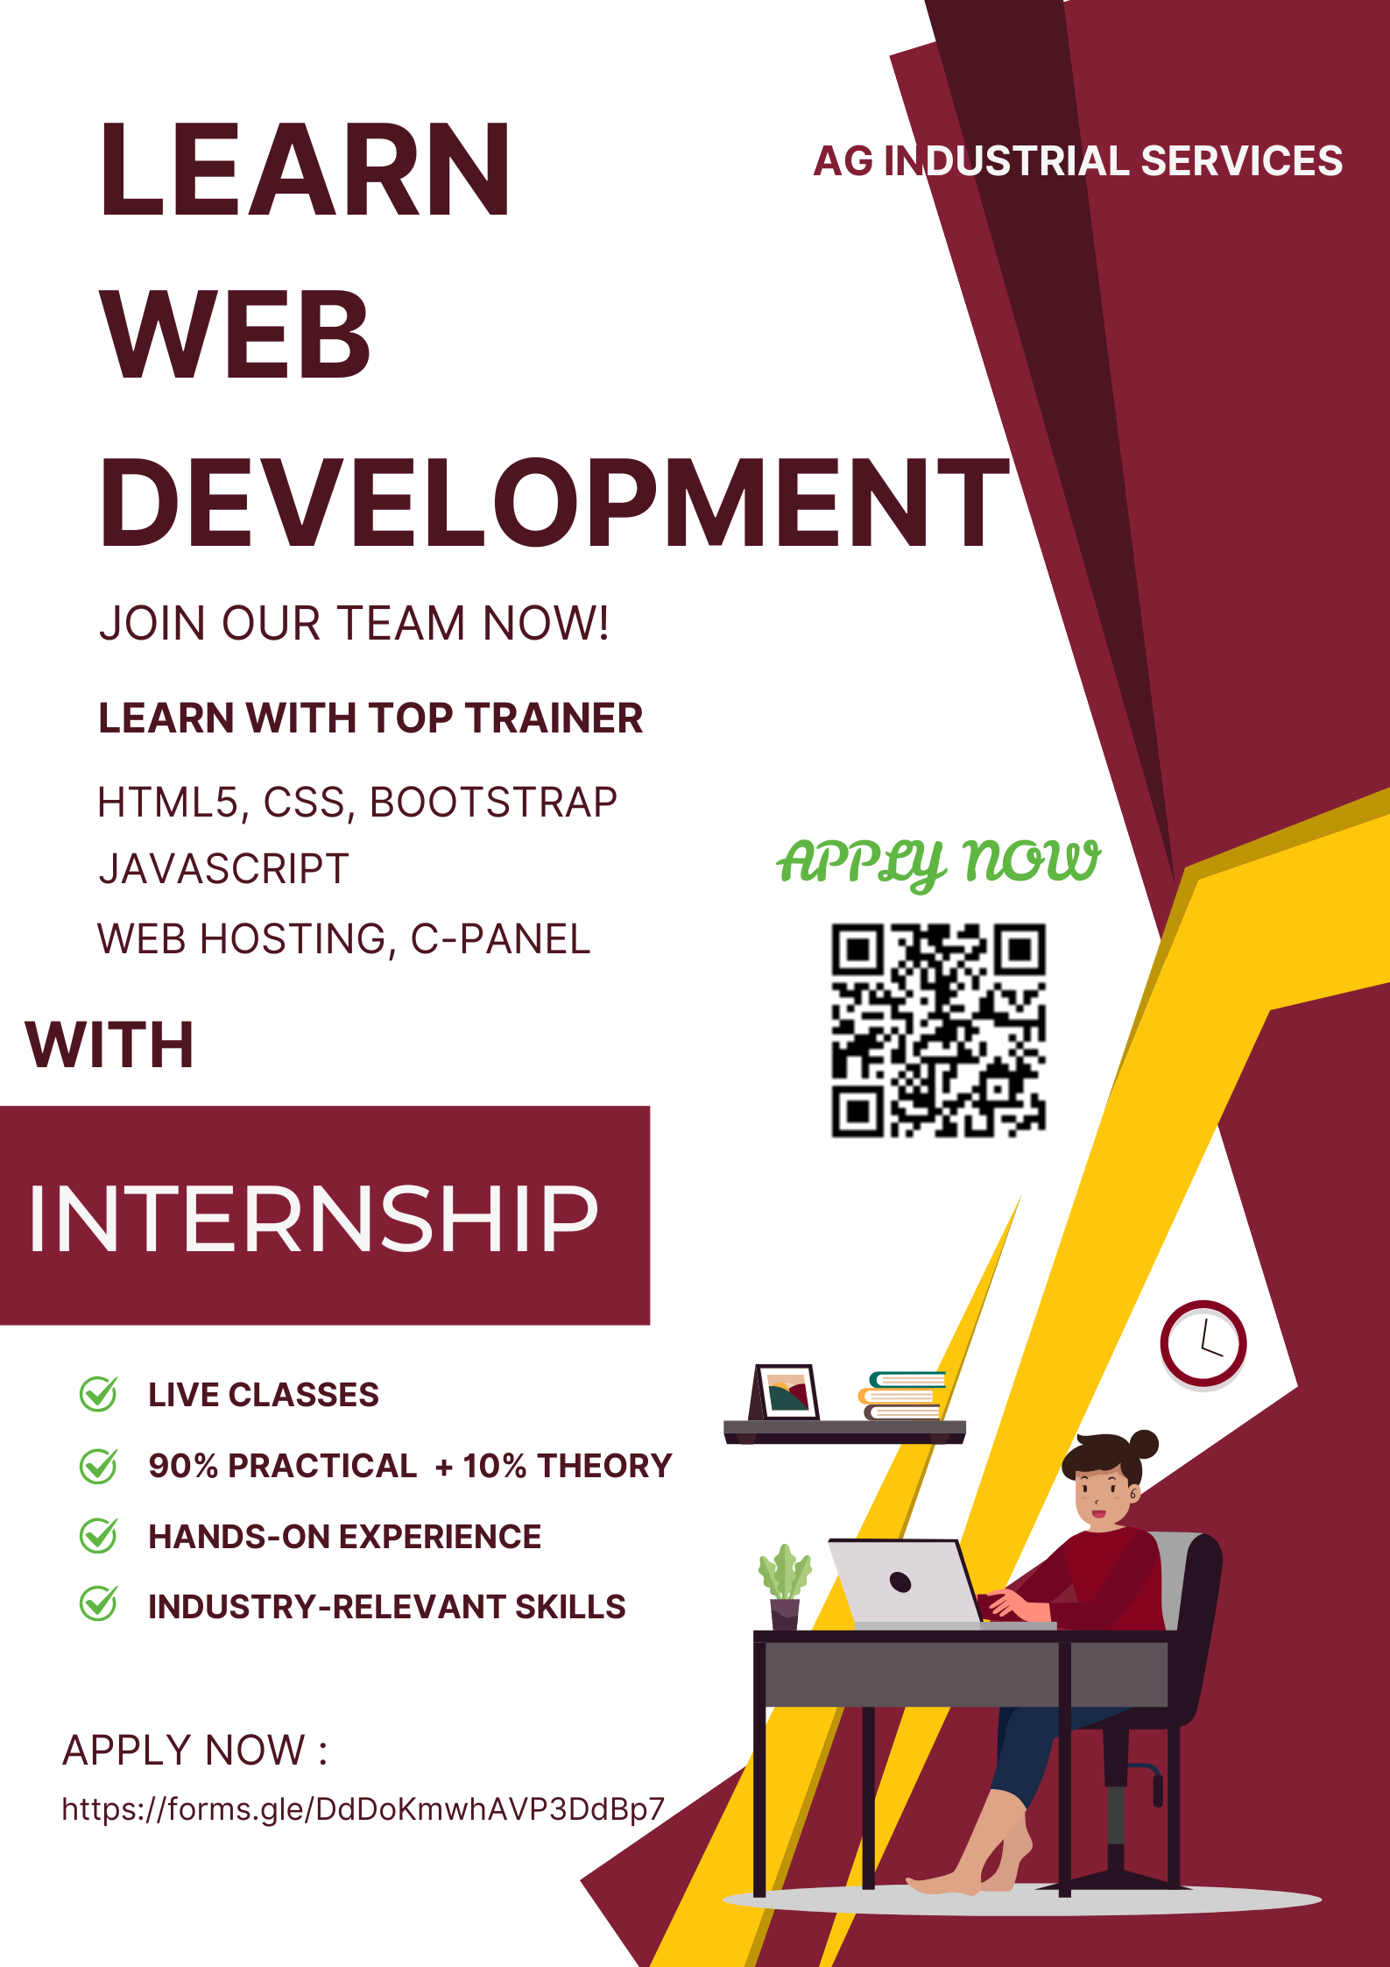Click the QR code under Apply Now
938,1030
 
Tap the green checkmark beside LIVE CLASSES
98,1393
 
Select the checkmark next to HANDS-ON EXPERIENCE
98,1535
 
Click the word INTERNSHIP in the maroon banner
313,1218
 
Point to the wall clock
1203,1344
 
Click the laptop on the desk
907,1582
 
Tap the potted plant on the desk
785,1586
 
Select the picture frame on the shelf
785,1391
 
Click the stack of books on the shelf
902,1395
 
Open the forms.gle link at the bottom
363,1808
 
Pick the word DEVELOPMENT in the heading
554,503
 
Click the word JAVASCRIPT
224,869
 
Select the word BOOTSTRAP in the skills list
493,803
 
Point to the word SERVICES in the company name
1242,161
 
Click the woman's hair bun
1144,1443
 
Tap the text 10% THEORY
567,1466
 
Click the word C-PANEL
501,939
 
